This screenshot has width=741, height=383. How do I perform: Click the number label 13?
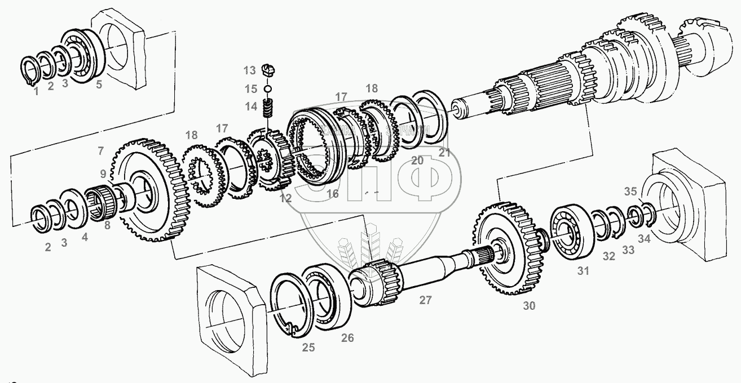pyautogui.click(x=250, y=70)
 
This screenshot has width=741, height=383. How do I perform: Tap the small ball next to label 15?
pyautogui.click(x=268, y=88)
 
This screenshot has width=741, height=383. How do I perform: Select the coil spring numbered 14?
pyautogui.click(x=270, y=106)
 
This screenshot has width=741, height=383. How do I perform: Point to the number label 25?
pyautogui.click(x=308, y=347)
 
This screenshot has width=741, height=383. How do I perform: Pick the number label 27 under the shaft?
pyautogui.click(x=425, y=300)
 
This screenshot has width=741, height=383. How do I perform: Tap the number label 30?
pyautogui.click(x=529, y=306)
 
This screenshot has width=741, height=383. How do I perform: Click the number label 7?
pyautogui.click(x=100, y=150)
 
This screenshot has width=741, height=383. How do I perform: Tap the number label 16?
pyautogui.click(x=333, y=194)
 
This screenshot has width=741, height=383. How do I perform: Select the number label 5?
pyautogui.click(x=99, y=86)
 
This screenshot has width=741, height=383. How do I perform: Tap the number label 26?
pyautogui.click(x=348, y=338)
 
